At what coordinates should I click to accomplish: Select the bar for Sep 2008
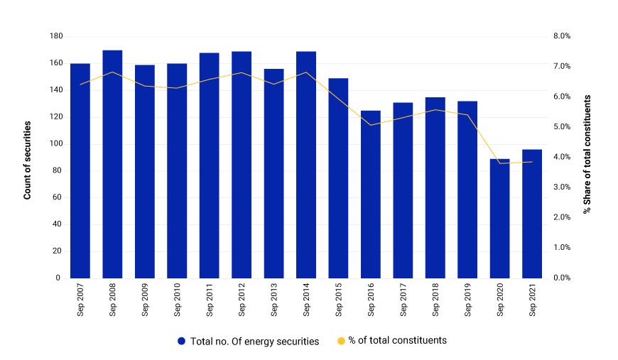tap(112, 164)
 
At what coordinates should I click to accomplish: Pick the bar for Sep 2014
tap(306, 165)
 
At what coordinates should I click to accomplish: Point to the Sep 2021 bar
tap(532, 214)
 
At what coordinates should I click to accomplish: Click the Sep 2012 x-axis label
tap(242, 300)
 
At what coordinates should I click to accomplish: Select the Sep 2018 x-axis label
tap(435, 300)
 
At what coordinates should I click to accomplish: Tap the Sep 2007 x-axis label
tap(81, 300)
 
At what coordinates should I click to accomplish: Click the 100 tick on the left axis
tap(55, 143)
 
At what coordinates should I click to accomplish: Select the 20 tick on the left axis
tap(58, 251)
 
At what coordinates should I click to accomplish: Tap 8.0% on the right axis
tap(563, 36)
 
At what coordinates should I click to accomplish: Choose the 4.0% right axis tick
tap(563, 157)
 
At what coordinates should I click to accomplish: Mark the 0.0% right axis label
tap(563, 278)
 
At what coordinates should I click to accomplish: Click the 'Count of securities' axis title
tap(28, 157)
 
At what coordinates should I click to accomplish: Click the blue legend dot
tap(182, 342)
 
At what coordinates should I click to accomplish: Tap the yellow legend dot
tap(340, 342)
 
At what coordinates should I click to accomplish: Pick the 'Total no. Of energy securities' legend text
tap(254, 342)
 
